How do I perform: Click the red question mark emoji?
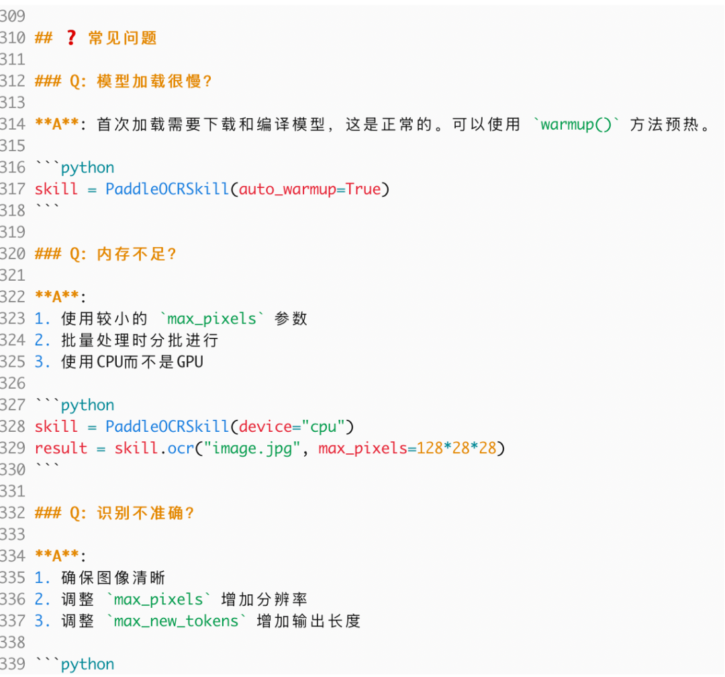coord(70,38)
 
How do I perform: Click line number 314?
coord(13,124)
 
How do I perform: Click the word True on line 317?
coord(363,189)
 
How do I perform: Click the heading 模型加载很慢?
coord(154,81)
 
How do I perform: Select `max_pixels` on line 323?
coord(212,318)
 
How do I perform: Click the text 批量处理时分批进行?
coord(140,340)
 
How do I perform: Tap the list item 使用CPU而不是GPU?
coord(132,362)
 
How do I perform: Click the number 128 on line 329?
coord(430,448)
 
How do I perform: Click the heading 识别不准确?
coord(145,513)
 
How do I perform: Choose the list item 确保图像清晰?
coord(113,578)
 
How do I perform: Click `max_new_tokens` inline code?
coord(177,621)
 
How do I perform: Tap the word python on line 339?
coord(88,664)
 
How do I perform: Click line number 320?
coord(13,254)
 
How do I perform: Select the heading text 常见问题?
coord(122,38)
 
